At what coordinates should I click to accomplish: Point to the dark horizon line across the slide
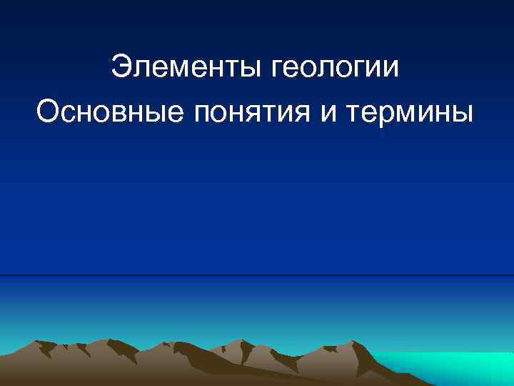point(257,275)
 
